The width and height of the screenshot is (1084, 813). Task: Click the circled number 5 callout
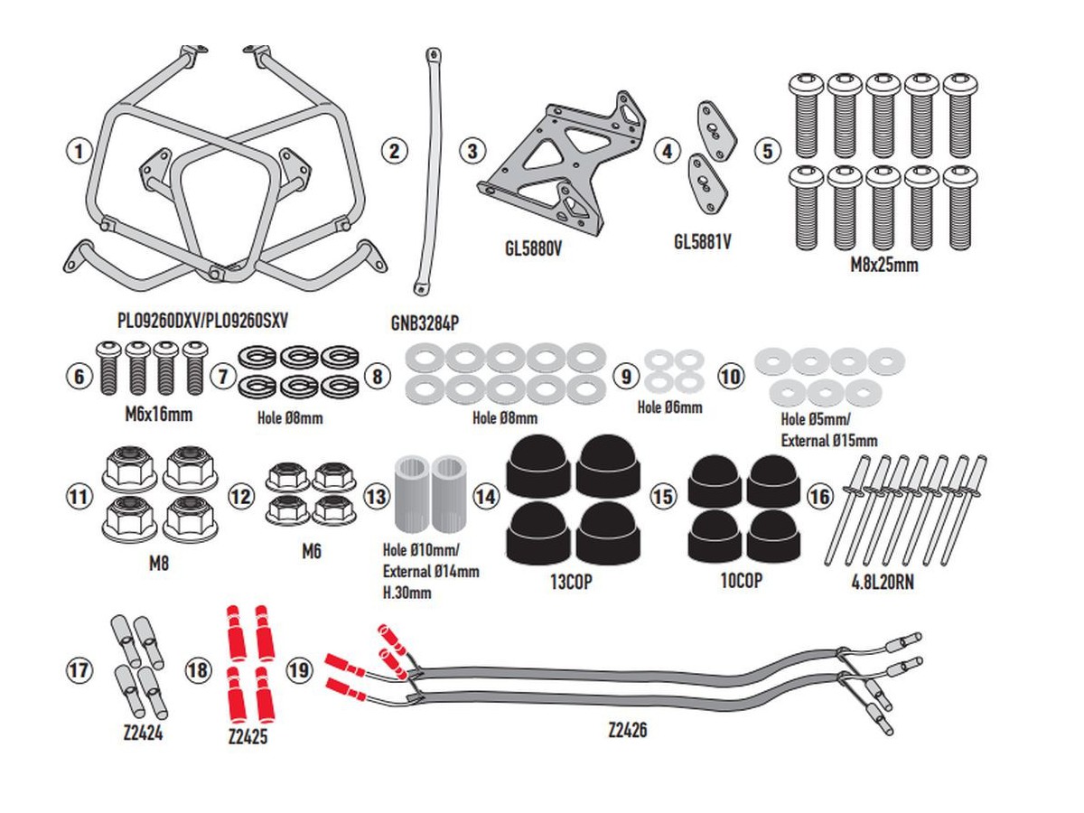point(769,150)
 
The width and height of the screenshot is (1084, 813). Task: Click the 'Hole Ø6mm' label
point(669,407)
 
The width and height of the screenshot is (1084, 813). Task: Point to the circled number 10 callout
point(731,376)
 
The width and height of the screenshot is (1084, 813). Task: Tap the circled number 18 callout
point(198,669)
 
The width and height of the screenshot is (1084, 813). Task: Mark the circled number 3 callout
point(472,150)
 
